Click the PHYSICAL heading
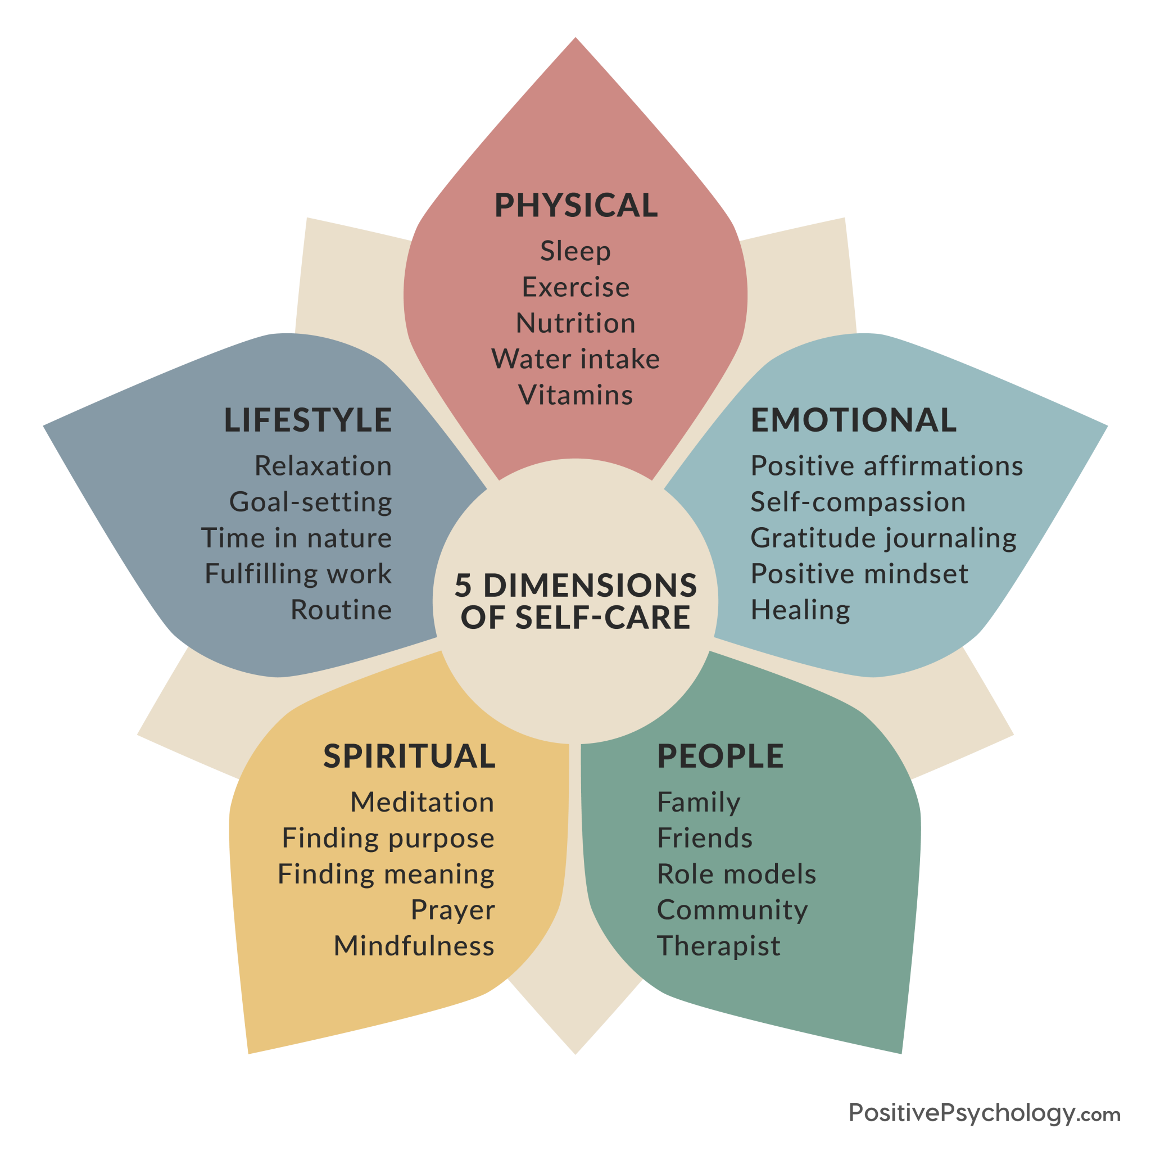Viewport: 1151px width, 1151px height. [575, 206]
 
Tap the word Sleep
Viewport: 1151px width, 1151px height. [575, 251]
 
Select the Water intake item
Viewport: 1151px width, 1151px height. [575, 359]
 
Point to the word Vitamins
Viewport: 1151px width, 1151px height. [575, 395]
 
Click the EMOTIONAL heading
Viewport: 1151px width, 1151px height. [853, 420]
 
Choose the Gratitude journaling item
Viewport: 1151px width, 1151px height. [883, 538]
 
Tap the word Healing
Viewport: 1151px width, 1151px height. [800, 610]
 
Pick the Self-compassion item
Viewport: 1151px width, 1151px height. [858, 502]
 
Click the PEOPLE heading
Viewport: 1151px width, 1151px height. [720, 756]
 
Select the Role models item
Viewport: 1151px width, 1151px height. [736, 874]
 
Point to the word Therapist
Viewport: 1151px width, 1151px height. [718, 946]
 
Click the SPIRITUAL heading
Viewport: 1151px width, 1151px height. [409, 756]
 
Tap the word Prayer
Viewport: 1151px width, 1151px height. [453, 910]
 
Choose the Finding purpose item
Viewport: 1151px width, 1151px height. [388, 838]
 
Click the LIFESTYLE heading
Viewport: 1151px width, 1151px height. [308, 420]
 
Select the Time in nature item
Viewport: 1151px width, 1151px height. [297, 538]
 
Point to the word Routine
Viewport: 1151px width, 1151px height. [341, 609]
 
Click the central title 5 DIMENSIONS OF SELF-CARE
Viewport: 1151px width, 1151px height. [575, 601]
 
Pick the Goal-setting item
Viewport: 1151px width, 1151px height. [310, 502]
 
